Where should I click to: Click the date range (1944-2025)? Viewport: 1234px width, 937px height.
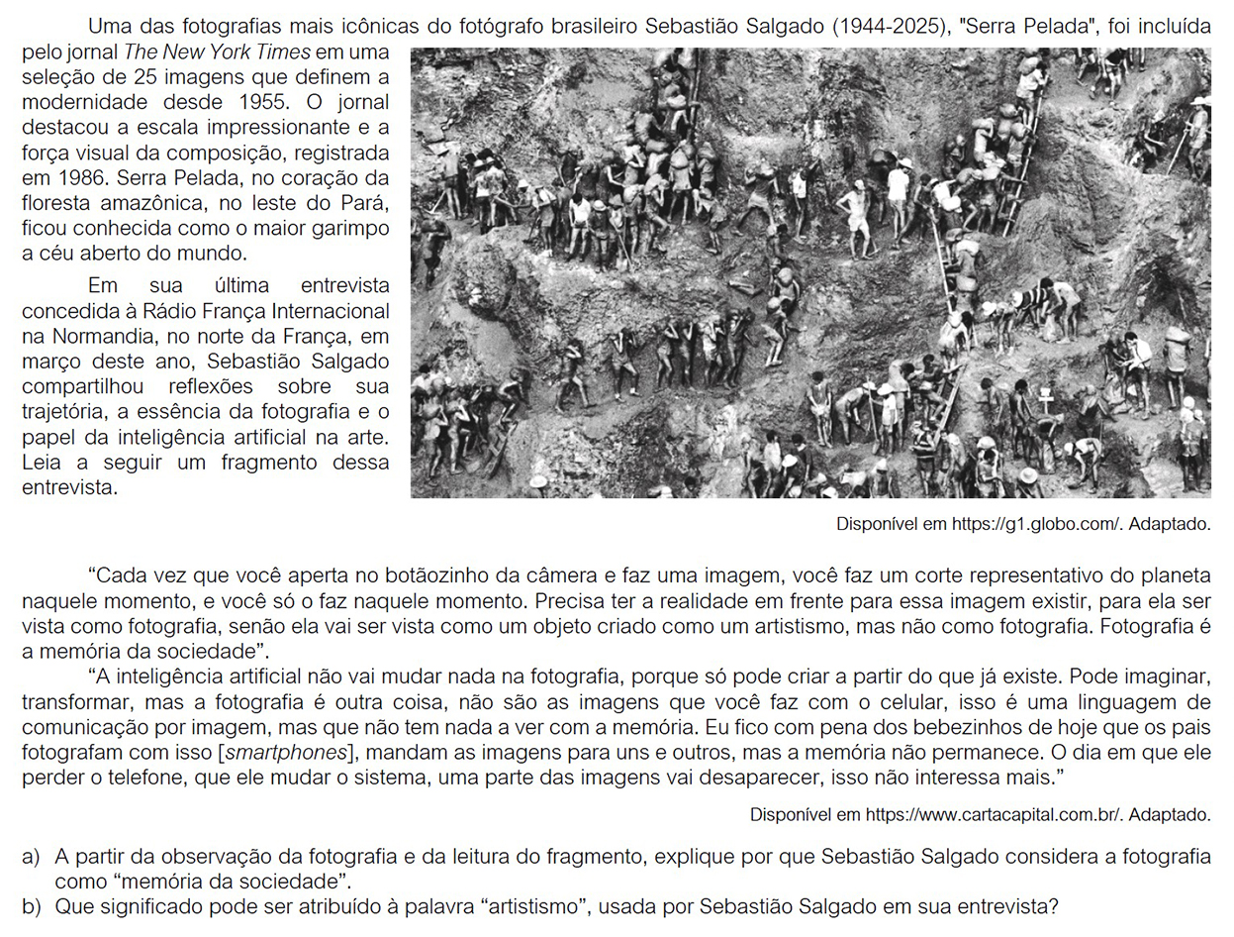[893, 27]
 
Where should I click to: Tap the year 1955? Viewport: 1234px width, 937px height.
[266, 102]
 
